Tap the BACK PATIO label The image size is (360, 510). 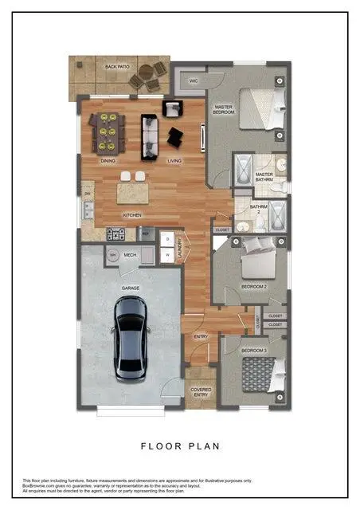tap(117, 67)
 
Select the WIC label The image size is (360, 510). tap(194, 80)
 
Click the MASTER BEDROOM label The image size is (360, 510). tap(223, 108)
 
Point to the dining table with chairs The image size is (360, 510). tap(108, 131)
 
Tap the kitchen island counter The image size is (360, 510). tap(133, 192)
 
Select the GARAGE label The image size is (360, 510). tap(131, 288)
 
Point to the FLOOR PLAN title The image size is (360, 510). tap(180, 446)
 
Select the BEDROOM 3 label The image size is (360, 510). tap(253, 351)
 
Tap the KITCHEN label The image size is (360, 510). tap(131, 215)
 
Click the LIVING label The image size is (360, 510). tap(174, 161)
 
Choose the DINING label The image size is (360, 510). tap(108, 161)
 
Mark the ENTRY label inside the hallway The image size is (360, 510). tap(201, 337)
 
